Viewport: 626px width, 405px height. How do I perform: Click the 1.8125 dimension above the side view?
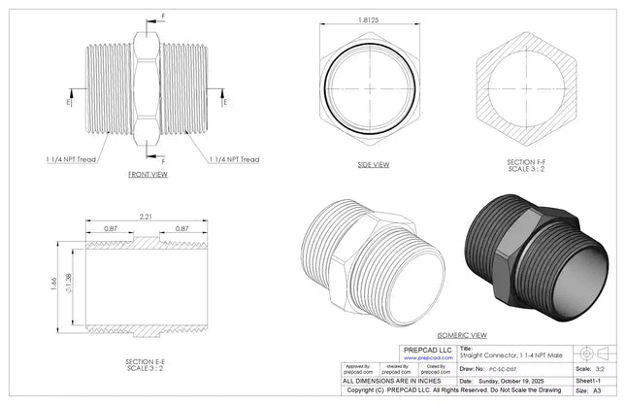pos(368,19)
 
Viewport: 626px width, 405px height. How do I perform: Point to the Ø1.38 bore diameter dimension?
pos(67,283)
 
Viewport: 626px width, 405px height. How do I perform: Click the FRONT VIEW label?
pos(148,175)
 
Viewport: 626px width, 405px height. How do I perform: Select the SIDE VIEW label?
pos(373,164)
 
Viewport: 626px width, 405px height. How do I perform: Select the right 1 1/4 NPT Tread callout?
pos(233,159)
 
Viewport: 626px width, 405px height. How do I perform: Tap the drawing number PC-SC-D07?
pos(503,370)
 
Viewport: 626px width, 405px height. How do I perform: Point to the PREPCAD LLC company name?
pos(422,349)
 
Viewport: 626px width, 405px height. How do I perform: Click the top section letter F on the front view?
pos(163,17)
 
